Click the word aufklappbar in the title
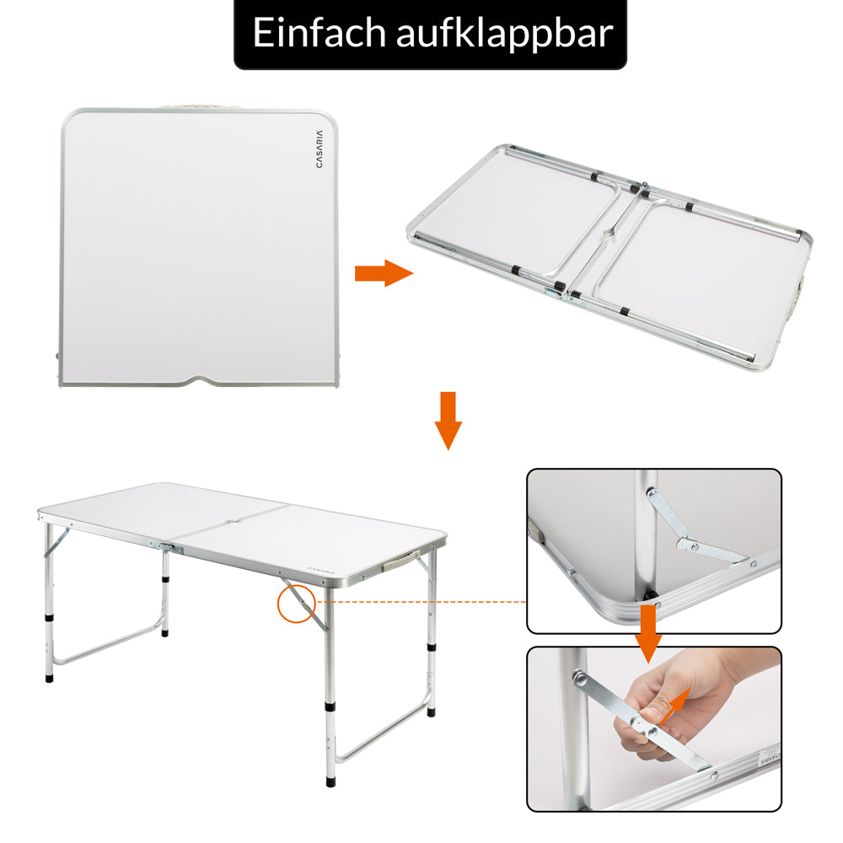coord(504,34)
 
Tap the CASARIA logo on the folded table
coord(319,149)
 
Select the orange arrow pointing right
coord(384,273)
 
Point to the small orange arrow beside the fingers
coord(674,706)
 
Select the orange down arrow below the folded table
coord(448,421)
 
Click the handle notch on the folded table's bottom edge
coord(199,380)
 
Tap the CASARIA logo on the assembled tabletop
coord(320,569)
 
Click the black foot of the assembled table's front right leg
coord(330,780)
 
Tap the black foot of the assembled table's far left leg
coord(50,678)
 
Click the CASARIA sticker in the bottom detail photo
coord(770,755)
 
